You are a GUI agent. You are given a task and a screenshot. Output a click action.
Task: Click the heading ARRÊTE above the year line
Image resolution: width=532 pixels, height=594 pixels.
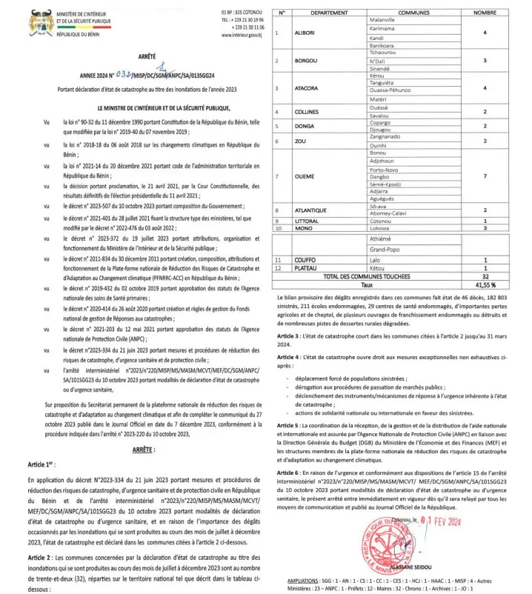[147, 57]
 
